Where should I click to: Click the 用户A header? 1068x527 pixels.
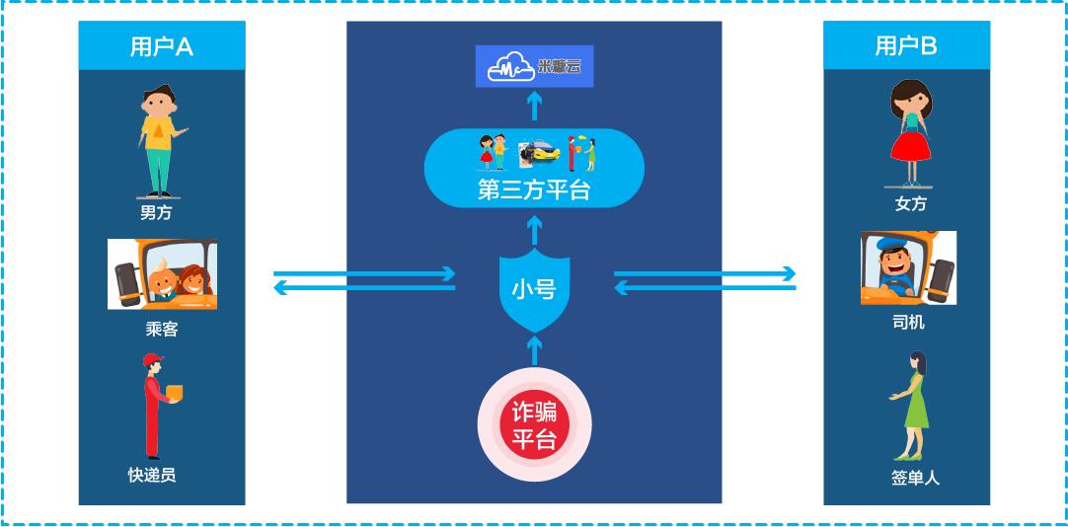tap(161, 46)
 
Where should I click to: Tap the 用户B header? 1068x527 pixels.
tap(906, 45)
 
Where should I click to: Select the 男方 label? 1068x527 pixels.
tap(156, 212)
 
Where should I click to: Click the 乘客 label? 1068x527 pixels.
tap(161, 330)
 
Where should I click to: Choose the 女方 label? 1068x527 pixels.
tap(910, 204)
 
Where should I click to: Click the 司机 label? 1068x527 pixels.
tap(908, 323)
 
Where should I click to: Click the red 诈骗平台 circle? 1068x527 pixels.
tap(534, 425)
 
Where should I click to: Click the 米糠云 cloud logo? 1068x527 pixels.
tap(534, 66)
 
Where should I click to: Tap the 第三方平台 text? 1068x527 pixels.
tap(534, 188)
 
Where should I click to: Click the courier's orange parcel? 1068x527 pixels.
tap(175, 393)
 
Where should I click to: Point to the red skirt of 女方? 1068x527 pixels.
tap(910, 147)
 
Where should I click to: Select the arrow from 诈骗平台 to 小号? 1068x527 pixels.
tap(534, 349)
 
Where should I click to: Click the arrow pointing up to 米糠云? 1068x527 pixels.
tap(534, 105)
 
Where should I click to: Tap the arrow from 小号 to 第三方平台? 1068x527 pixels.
tap(534, 230)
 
